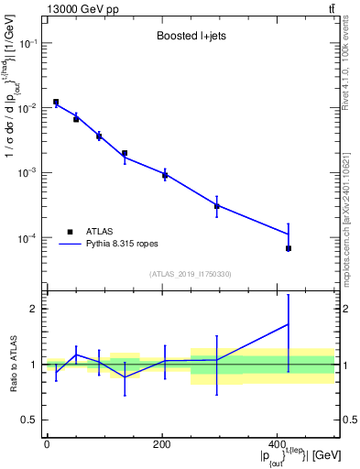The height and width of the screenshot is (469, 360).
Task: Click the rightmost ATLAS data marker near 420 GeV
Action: (x=289, y=248)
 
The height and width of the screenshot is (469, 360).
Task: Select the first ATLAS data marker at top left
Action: (x=56, y=103)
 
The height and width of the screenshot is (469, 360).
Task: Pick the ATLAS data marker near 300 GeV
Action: (x=217, y=206)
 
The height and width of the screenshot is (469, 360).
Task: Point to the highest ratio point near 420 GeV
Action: (x=289, y=323)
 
